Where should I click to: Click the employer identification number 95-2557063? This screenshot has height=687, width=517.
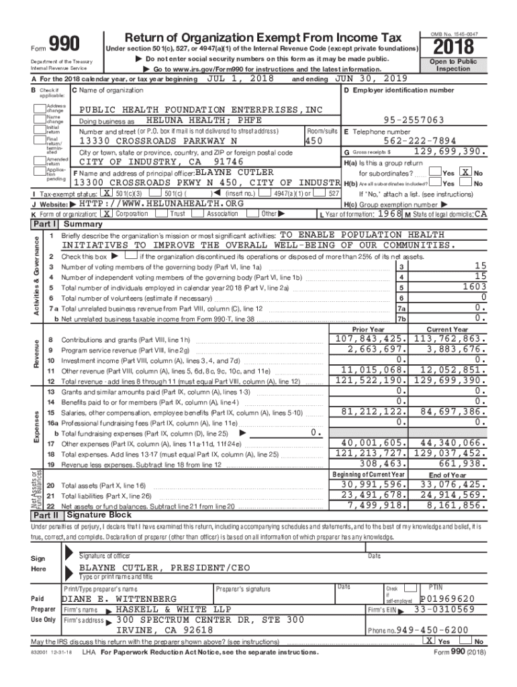click(x=414, y=119)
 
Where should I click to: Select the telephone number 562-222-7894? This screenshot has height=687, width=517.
click(x=420, y=141)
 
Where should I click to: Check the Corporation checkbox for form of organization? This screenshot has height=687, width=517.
click(x=106, y=213)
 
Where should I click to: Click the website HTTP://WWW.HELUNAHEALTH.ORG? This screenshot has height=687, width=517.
click(x=160, y=203)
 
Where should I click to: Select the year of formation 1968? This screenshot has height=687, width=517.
click(x=389, y=213)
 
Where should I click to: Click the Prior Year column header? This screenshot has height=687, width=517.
click(x=369, y=329)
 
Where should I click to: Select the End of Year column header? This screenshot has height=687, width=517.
click(x=447, y=474)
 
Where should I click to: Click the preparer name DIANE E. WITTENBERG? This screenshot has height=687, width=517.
click(x=120, y=598)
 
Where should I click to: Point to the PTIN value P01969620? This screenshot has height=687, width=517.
click(x=446, y=598)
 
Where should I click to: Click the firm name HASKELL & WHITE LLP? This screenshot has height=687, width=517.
click(x=173, y=609)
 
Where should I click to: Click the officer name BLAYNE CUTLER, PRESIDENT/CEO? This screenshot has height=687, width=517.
click(x=164, y=568)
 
